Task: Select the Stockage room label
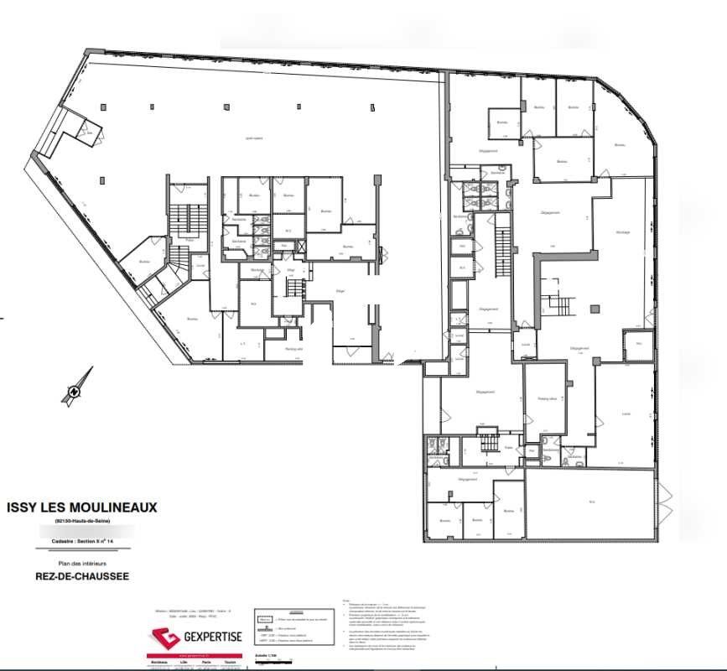[622, 232]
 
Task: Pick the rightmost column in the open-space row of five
[374, 106]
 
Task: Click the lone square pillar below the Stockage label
[596, 308]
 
